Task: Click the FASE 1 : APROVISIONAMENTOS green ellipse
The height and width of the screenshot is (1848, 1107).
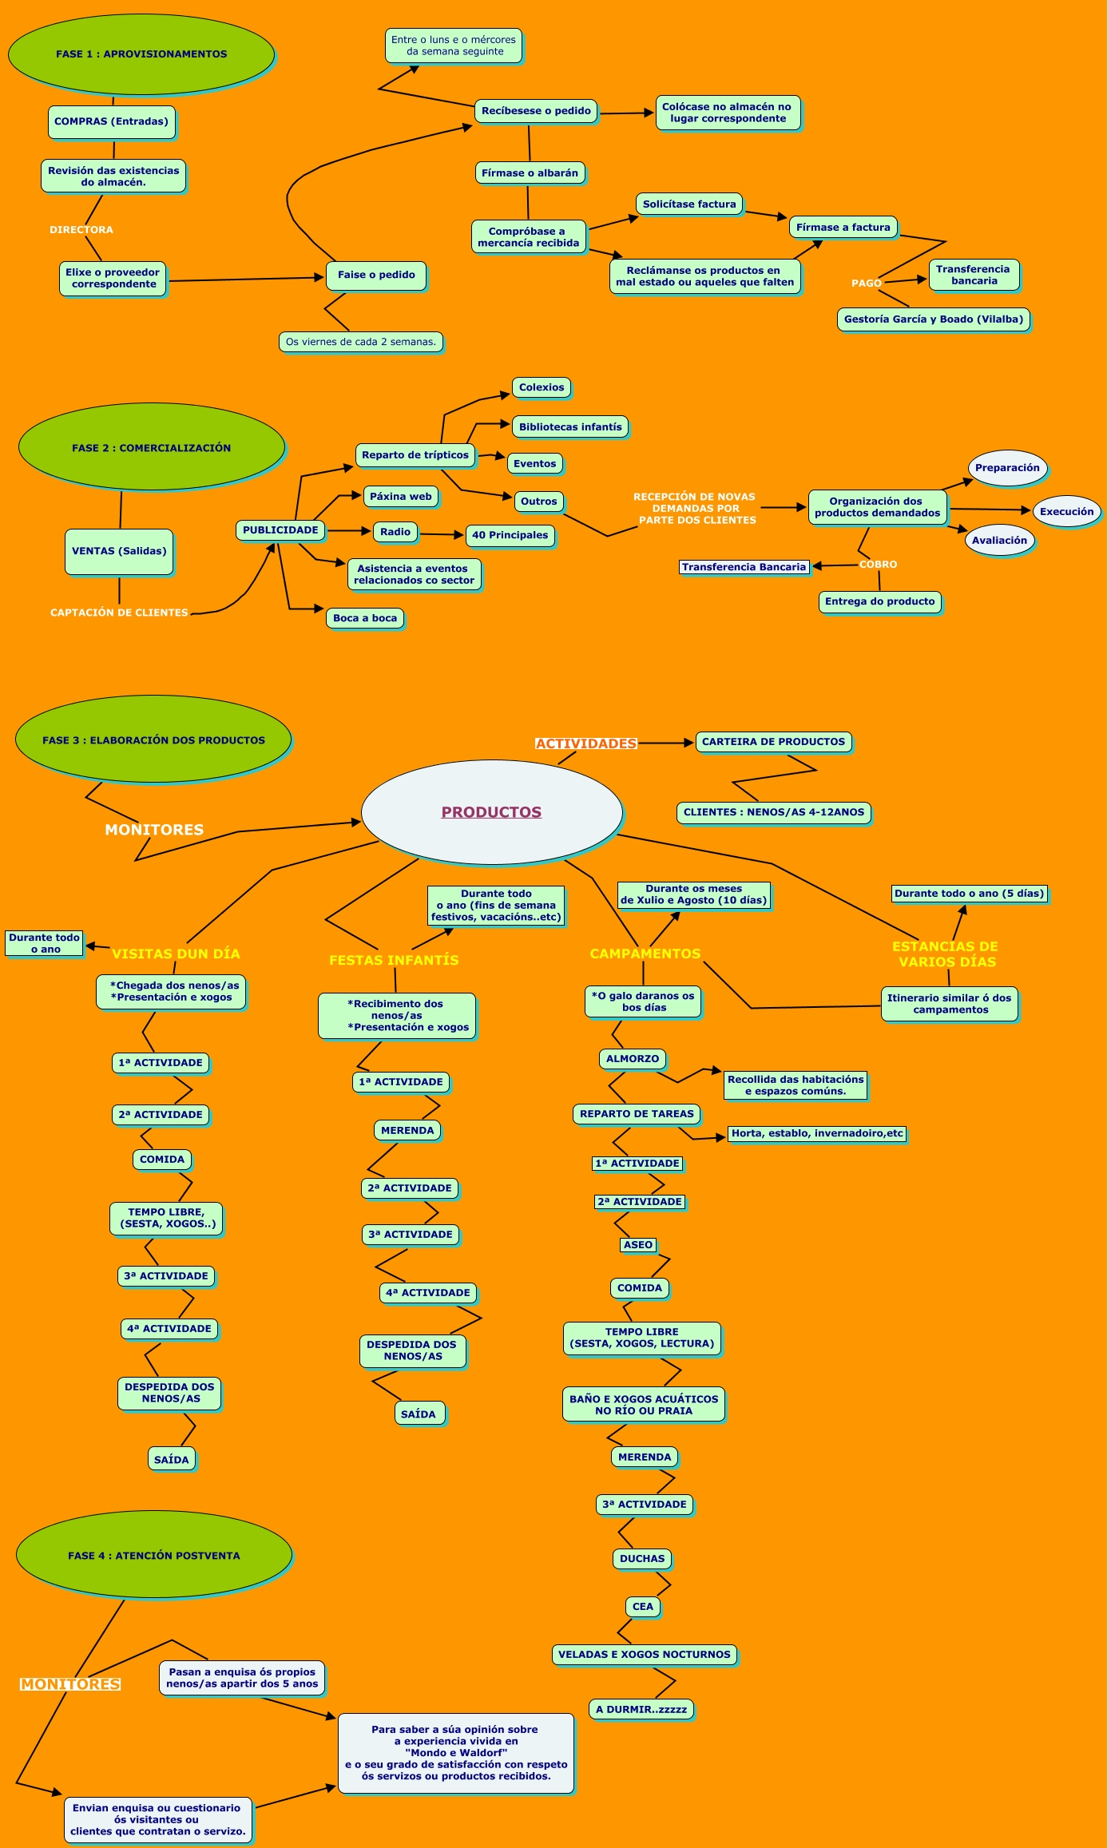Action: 141,54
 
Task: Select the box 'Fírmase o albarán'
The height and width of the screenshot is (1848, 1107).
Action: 530,173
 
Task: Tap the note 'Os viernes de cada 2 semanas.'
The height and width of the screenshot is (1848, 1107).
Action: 361,342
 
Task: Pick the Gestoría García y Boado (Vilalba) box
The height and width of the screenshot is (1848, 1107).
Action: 933,319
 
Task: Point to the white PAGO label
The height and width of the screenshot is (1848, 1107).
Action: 866,284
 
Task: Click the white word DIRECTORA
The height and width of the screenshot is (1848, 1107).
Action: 81,230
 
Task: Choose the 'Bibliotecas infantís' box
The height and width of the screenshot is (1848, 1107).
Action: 569,427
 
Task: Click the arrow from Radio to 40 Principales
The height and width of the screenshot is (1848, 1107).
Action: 442,534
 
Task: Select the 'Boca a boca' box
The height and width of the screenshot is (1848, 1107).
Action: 365,618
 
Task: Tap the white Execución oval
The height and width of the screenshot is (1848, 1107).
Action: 1066,512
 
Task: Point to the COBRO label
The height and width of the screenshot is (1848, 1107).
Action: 878,565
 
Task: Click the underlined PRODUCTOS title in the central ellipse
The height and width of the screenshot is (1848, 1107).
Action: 491,812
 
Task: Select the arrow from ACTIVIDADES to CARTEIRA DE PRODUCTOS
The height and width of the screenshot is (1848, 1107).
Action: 665,743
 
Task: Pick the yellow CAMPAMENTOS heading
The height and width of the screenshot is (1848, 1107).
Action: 645,954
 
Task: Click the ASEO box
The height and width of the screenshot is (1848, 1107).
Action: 638,1245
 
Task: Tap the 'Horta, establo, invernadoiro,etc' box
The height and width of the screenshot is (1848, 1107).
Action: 817,1133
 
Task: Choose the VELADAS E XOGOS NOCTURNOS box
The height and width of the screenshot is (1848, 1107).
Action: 644,1655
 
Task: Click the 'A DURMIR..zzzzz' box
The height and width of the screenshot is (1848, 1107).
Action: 641,1710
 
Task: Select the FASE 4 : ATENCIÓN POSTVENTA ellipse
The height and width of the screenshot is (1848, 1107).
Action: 154,1556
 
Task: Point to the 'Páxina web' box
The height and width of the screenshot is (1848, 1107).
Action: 401,497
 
